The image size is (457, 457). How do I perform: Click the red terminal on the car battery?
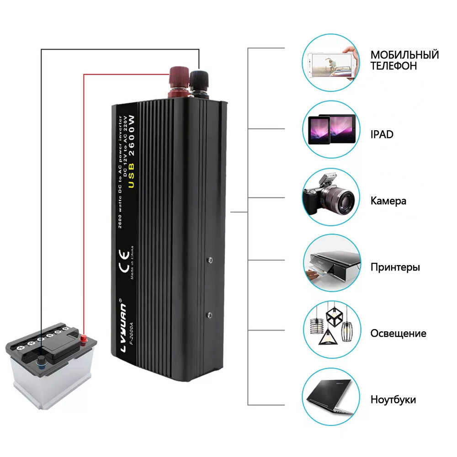point(84,339)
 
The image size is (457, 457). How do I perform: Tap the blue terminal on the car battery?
point(42,362)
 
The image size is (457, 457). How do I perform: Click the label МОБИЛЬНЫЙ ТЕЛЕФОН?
point(404,60)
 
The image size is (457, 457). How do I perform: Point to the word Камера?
point(388,201)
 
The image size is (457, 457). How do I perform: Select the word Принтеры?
point(395,267)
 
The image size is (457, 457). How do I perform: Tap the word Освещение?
point(398,334)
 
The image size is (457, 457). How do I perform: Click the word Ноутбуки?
point(393,400)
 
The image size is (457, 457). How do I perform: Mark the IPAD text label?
point(382,135)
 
